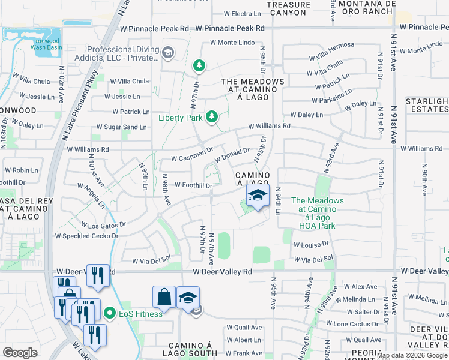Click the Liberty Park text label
tap(180, 118)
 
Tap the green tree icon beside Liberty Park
tap(211, 116)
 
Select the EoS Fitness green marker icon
tap(109, 313)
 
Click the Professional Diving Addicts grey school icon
tap(167, 53)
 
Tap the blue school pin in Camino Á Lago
tap(258, 196)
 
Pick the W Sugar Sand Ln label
tap(122, 127)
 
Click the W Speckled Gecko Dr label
tap(87, 236)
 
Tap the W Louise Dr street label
tap(312, 245)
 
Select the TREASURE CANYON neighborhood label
tap(289, 8)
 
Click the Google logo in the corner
tap(20, 353)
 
